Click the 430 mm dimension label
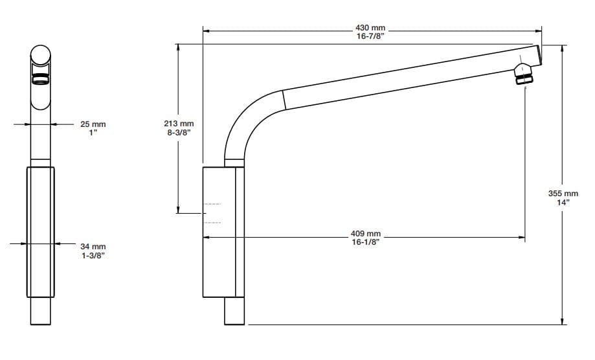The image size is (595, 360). point(370,28)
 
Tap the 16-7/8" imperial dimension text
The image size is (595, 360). point(370,36)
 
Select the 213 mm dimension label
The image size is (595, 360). point(179,124)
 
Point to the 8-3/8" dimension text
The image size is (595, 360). point(179,133)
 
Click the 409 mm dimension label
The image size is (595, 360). point(365,234)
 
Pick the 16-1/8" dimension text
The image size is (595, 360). point(365,242)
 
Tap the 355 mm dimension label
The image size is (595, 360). point(563,194)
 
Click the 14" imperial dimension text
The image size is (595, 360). point(563,203)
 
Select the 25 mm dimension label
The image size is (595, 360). point(93,124)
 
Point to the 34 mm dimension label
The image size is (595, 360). point(93,247)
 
